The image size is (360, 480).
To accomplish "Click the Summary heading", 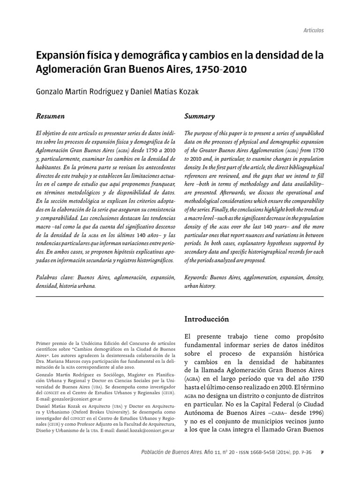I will click(199, 116).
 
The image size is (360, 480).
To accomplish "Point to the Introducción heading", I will click(207, 319).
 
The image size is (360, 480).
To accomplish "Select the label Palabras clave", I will click(55, 277).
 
